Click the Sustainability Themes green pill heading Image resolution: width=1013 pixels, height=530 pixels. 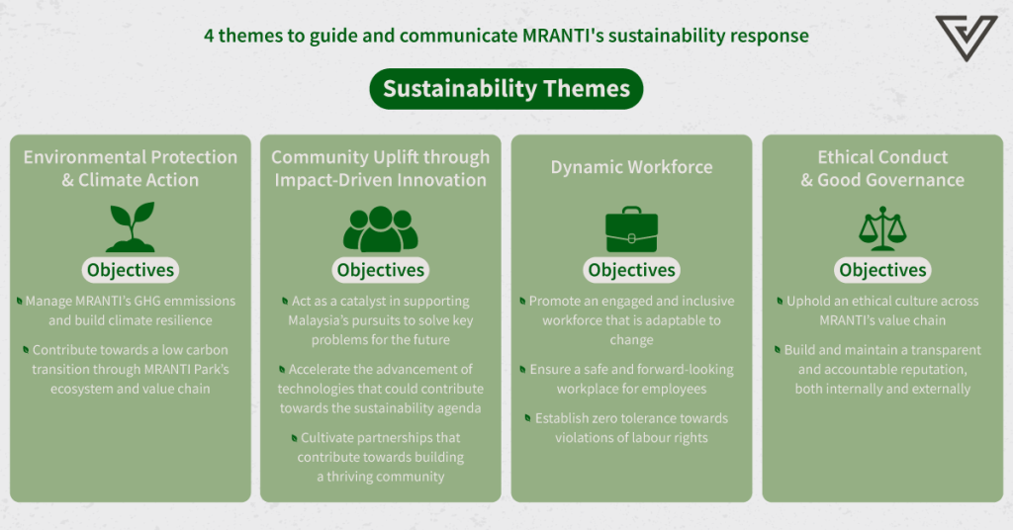506,88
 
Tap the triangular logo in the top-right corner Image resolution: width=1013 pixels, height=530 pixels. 967,39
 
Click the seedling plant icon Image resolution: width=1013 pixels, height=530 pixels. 131,226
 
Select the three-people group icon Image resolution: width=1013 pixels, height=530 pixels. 381,229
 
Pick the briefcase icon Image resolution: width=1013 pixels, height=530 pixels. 631,229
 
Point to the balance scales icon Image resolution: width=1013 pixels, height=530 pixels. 882,228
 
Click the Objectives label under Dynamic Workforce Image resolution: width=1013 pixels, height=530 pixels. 631,270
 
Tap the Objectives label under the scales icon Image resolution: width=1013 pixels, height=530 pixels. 882,270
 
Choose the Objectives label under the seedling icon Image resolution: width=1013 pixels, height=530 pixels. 131,270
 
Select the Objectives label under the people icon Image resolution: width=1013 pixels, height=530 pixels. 381,270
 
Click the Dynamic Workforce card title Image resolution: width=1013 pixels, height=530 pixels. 631,167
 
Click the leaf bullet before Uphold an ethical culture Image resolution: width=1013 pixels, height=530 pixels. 780,301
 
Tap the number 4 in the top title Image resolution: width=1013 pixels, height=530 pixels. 209,36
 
